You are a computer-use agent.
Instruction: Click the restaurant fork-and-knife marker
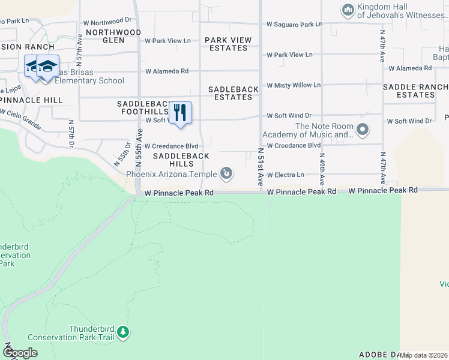point(179,113)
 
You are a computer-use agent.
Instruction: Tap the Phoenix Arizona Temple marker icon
point(226,174)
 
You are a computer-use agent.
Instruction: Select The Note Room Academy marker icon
point(362,130)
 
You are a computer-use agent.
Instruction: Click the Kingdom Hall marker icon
point(348,10)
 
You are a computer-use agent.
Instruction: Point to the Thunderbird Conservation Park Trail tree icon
point(123,332)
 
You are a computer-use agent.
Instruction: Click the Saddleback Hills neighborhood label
point(181,160)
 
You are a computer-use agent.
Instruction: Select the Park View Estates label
point(228,44)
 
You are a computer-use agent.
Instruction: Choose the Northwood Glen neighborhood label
point(113,36)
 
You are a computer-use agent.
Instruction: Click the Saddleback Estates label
point(234,93)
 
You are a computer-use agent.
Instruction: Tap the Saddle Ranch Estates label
point(415,91)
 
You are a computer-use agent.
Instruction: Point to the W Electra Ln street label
point(285,175)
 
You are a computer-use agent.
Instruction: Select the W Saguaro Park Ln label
point(294,25)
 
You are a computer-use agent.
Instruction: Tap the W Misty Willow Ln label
point(294,85)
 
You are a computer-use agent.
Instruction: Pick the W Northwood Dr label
point(108,20)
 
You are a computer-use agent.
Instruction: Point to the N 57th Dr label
point(71,136)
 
